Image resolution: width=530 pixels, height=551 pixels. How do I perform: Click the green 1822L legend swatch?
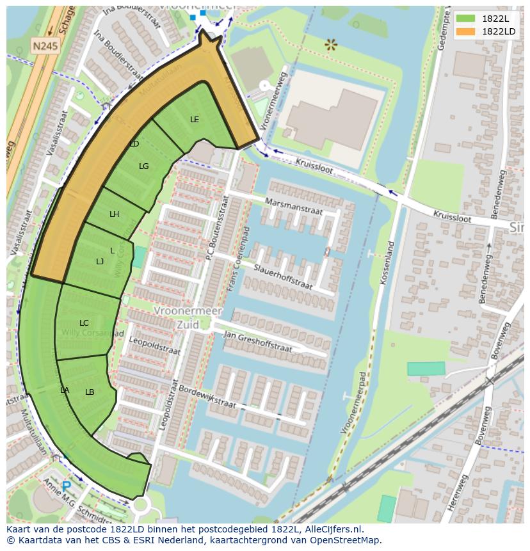(x=465, y=19)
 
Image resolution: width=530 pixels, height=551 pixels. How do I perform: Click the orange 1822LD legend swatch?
(x=465, y=31)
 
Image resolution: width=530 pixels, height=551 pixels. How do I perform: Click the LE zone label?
(x=195, y=119)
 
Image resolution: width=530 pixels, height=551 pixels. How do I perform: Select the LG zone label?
(x=144, y=166)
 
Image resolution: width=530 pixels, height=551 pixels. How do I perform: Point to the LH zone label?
(x=114, y=214)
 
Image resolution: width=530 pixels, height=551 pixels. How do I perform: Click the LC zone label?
(x=84, y=323)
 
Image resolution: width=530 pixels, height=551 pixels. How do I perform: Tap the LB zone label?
(x=90, y=392)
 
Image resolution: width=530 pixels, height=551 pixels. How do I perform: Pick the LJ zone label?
(x=100, y=261)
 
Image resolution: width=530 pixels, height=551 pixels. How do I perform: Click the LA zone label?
(x=65, y=390)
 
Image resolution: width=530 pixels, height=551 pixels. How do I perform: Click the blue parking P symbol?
(x=66, y=487)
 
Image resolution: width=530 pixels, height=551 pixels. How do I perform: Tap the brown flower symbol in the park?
(x=330, y=44)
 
